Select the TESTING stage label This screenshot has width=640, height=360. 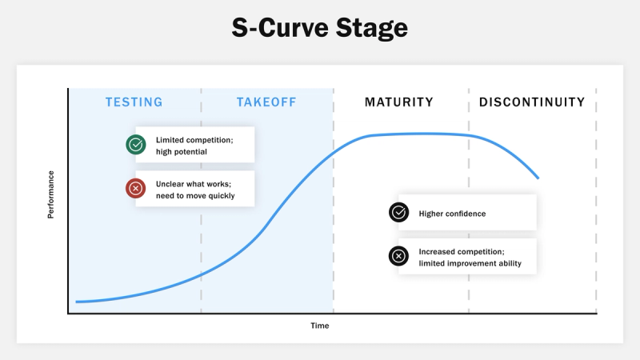click(x=134, y=102)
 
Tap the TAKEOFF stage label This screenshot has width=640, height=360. click(x=266, y=102)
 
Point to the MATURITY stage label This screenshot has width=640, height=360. click(x=399, y=102)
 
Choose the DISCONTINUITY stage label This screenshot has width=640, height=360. click(x=532, y=102)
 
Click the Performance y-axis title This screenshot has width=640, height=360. click(x=51, y=195)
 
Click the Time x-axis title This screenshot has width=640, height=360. click(x=320, y=326)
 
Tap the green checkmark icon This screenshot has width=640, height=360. click(x=136, y=145)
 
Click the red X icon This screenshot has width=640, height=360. click(x=136, y=189)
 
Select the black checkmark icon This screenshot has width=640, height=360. click(x=398, y=213)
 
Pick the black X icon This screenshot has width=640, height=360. click(x=398, y=257)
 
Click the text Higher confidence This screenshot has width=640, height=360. click(x=452, y=214)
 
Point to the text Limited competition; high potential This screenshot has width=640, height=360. click(x=194, y=145)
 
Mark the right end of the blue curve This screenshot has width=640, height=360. click(x=538, y=178)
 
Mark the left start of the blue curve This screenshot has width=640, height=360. click(x=77, y=302)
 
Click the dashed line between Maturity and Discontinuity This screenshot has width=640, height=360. click(x=469, y=200)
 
